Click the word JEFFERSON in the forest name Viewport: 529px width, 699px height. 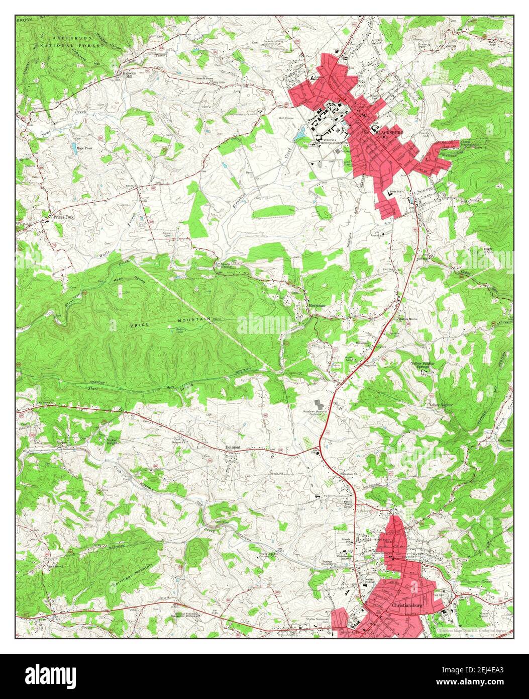73,38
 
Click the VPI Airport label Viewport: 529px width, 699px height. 386,233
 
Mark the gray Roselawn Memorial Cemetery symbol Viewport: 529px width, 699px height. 319,404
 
